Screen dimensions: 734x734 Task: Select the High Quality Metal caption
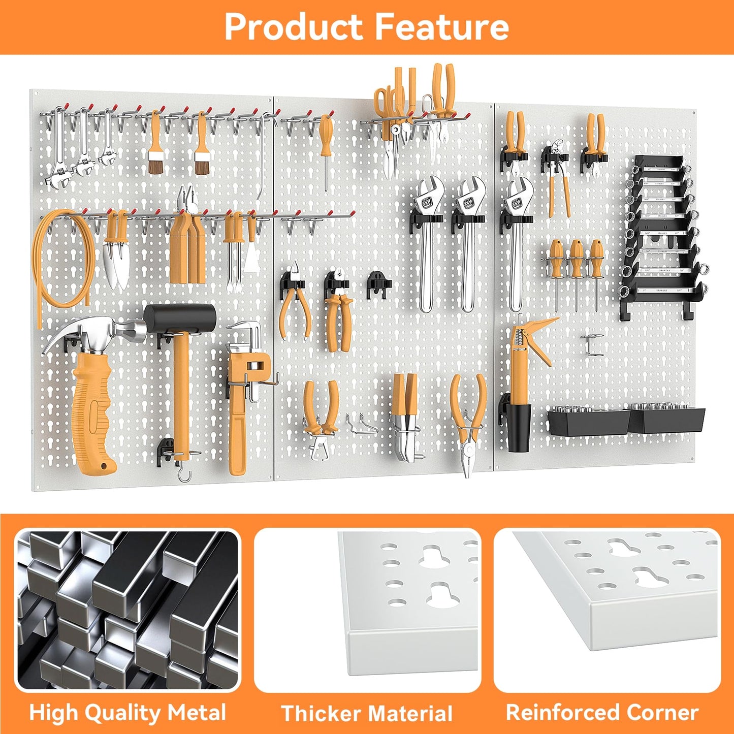(127, 712)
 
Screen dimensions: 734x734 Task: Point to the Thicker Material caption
(367, 713)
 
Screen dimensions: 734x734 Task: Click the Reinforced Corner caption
(602, 712)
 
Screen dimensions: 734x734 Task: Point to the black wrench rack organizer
(660, 234)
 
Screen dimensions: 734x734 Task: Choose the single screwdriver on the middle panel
(326, 147)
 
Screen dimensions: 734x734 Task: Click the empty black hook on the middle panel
(378, 283)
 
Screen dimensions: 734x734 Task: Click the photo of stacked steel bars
(127, 610)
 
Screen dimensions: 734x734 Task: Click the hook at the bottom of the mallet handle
(184, 476)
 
